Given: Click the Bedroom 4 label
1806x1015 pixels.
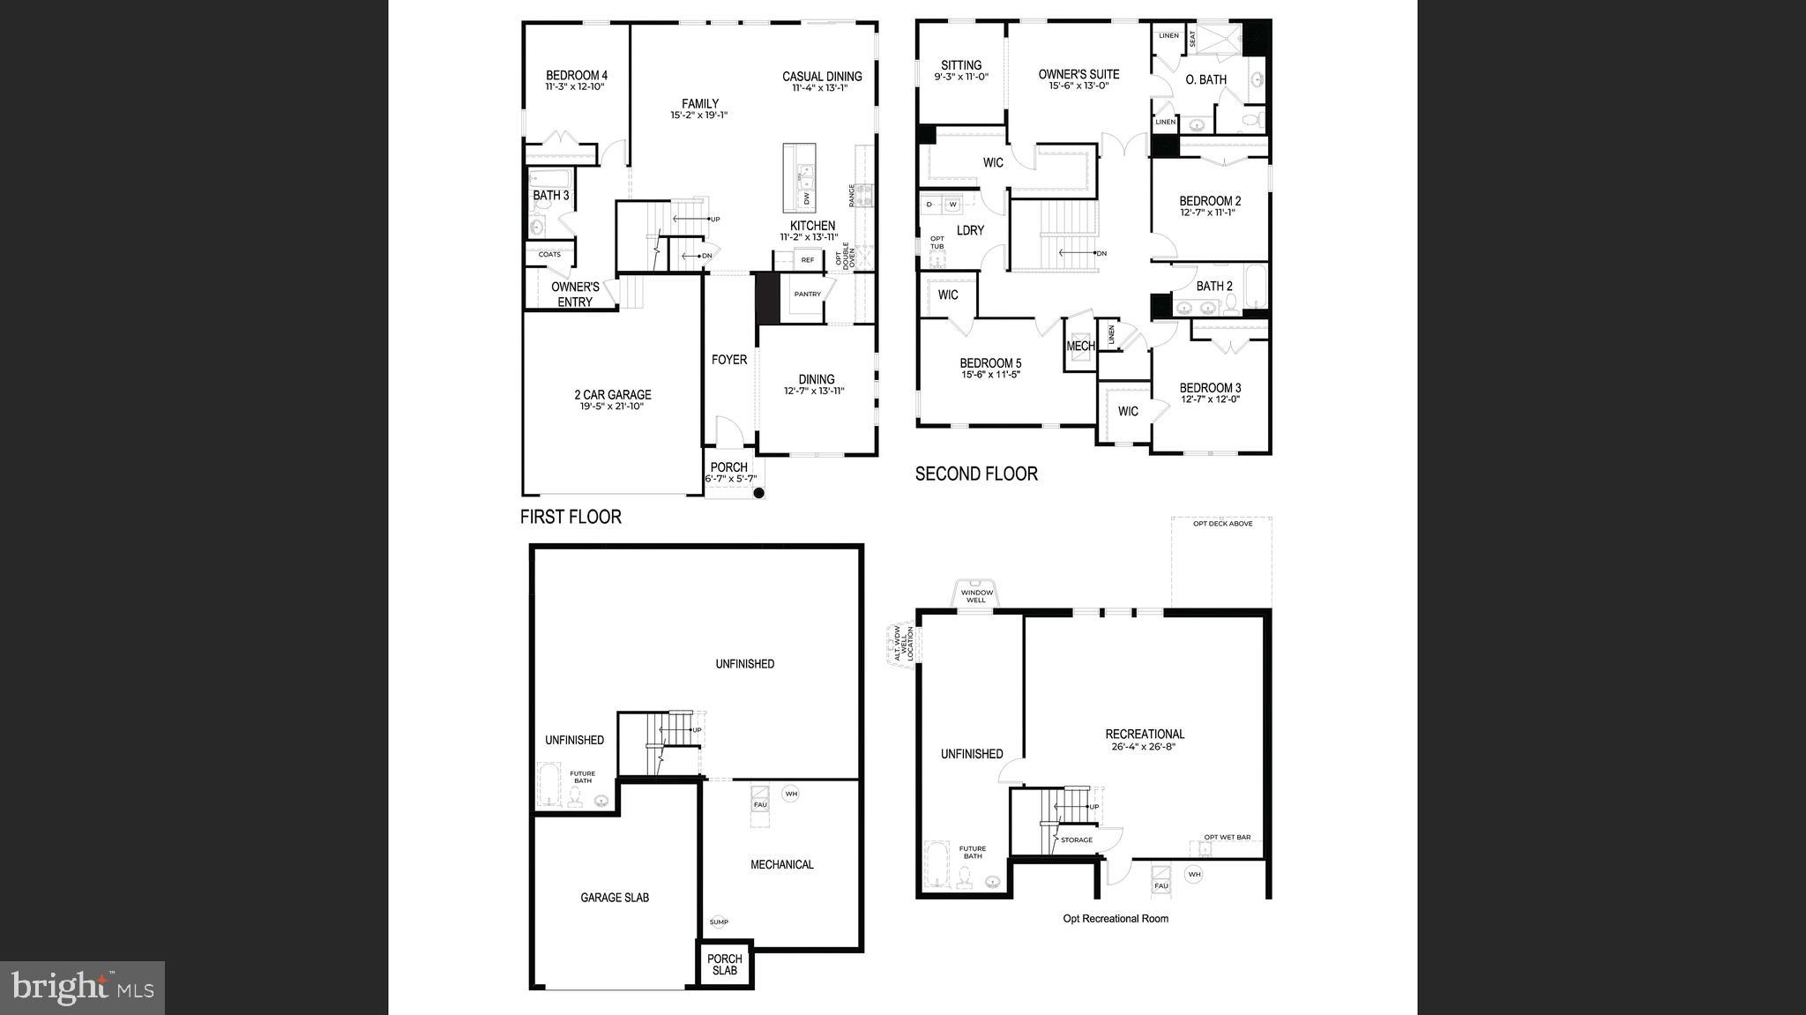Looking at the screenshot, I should pos(576,75).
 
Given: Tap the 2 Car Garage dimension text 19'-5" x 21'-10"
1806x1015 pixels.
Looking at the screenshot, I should pos(612,407).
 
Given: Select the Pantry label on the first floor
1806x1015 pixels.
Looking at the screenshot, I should pos(807,294).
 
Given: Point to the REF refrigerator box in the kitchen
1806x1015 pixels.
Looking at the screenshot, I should pos(807,260).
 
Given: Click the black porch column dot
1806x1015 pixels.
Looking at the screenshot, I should pos(758,494).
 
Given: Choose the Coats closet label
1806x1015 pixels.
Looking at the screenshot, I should pos(549,254).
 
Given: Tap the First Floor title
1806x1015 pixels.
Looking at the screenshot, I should pos(571,517).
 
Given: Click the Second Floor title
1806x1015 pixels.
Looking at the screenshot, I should pos(976,474).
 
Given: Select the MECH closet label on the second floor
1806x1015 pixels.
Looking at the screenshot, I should pos(1080,347).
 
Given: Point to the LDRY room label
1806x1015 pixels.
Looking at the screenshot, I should pos(970,230).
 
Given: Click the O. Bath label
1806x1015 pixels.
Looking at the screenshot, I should pos(1205,79).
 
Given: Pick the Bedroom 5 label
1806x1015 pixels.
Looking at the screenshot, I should pos(990,363).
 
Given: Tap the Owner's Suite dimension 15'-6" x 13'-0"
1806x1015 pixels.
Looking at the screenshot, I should pos(1078,86).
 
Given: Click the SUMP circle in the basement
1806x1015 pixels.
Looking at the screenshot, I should pos(719,922).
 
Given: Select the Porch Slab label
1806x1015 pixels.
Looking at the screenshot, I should pos(725,965).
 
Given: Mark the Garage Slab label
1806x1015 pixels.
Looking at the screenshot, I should pos(615,898).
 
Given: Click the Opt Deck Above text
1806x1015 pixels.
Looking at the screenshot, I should pos(1222,524).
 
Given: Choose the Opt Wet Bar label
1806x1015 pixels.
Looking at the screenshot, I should pos(1228,837).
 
